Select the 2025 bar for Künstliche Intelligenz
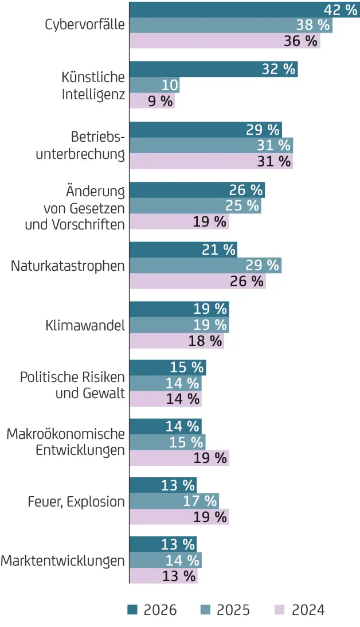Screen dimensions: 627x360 (x=154, y=85)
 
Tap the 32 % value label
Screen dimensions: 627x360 (x=279, y=69)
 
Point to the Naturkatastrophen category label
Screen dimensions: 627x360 (x=68, y=266)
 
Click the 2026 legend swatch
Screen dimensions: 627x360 (x=132, y=609)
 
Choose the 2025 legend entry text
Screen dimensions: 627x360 (x=233, y=609)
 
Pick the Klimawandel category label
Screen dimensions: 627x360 (x=85, y=326)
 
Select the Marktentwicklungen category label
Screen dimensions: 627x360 (x=62, y=560)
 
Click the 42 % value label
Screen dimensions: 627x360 (x=341, y=10)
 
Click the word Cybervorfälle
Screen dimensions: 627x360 (x=84, y=25)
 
